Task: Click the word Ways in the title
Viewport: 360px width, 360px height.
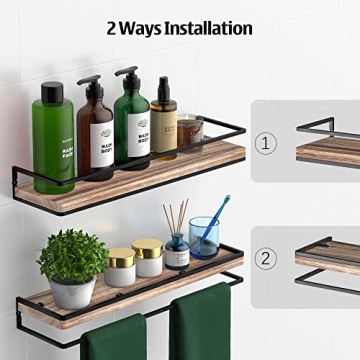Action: (138, 28)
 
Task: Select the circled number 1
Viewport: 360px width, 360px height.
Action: (265, 143)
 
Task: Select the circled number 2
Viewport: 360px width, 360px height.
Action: (265, 258)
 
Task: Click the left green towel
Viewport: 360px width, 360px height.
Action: (114, 338)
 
